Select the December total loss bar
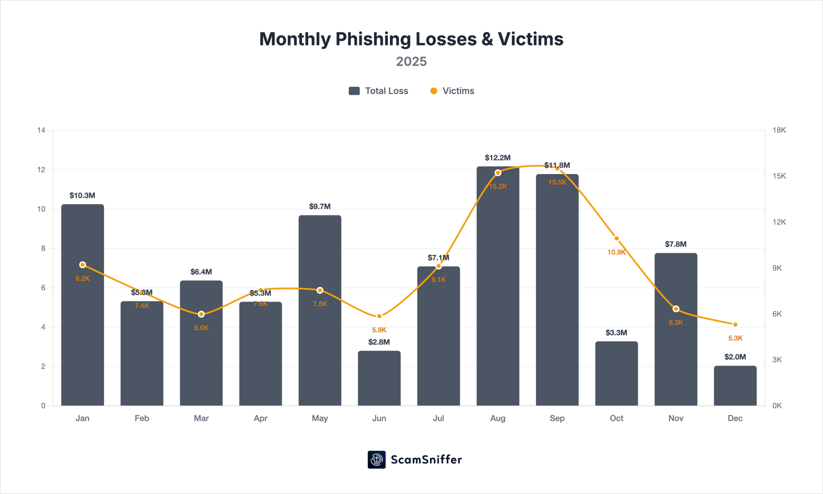point(735,385)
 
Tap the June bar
point(379,378)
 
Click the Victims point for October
point(616,238)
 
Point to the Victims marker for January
point(82,264)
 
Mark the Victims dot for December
point(735,324)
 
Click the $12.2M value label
point(497,158)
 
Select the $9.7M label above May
point(319,206)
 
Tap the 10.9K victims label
point(616,252)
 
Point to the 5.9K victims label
point(379,330)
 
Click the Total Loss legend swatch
point(354,91)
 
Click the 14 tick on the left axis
point(41,130)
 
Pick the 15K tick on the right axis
point(779,176)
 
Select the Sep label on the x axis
point(557,418)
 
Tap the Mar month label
point(201,418)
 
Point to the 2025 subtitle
point(411,61)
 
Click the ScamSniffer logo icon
point(377,459)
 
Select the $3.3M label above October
point(616,332)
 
